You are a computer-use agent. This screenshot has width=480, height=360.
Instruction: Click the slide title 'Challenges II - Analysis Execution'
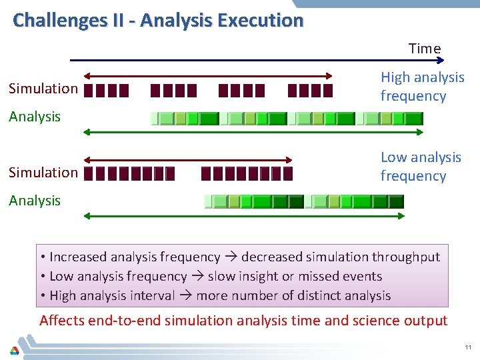(158, 20)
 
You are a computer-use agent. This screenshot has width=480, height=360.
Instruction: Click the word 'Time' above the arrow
(425, 49)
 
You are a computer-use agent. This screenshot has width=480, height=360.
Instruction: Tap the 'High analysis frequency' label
(422, 87)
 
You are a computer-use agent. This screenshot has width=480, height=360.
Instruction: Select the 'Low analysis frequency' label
(421, 167)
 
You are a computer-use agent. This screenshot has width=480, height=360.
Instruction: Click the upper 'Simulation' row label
(43, 89)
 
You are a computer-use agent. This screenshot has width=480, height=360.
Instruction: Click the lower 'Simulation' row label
(43, 173)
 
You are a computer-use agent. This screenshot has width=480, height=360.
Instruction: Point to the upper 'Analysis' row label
(35, 117)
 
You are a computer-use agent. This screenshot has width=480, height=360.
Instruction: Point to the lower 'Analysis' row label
(35, 201)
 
